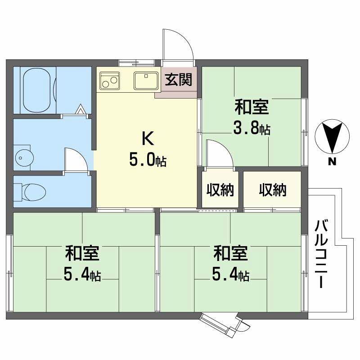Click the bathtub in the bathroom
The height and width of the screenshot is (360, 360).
(x=38, y=90)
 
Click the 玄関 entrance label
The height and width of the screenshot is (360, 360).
(x=178, y=80)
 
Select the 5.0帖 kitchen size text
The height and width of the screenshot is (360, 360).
(x=148, y=160)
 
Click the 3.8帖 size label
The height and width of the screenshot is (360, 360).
(x=252, y=129)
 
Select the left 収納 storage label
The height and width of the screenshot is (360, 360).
(x=220, y=190)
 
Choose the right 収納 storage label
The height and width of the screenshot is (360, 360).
(x=272, y=190)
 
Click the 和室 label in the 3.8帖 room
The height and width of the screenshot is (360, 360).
(x=252, y=108)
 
